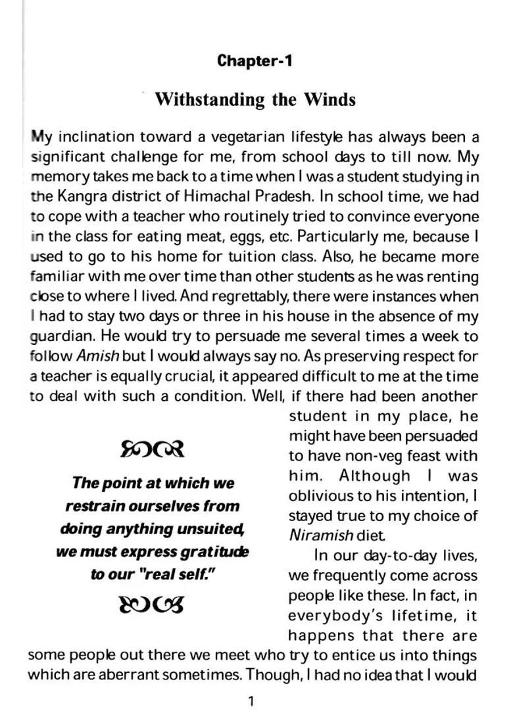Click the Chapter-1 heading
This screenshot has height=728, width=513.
point(255,61)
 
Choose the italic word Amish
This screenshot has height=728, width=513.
point(98,357)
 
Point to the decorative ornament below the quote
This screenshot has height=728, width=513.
point(152,604)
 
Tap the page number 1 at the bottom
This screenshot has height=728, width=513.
point(251,702)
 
